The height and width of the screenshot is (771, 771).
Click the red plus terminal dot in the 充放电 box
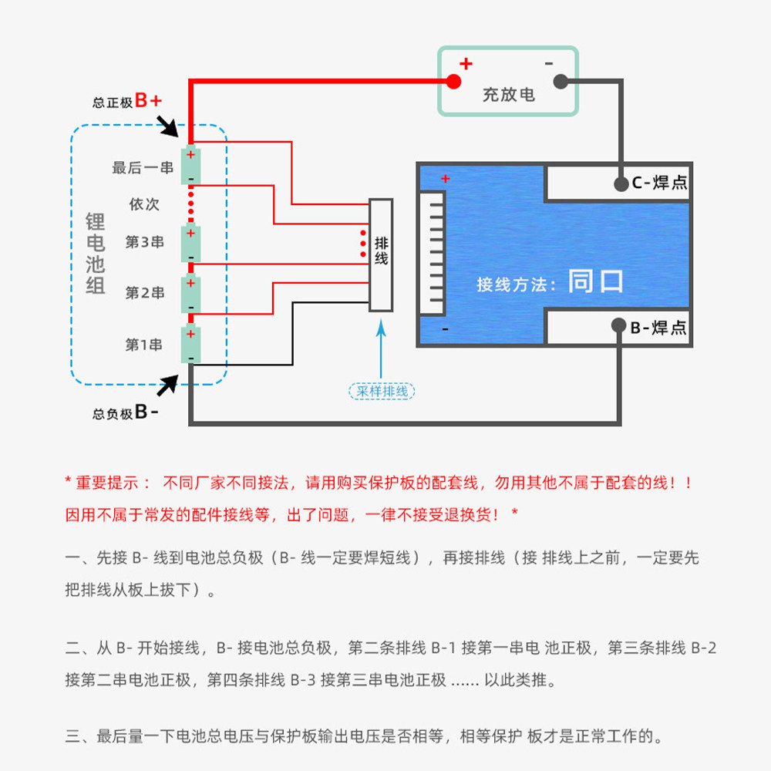click(x=453, y=82)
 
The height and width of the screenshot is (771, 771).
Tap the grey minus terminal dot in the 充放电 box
click(x=561, y=82)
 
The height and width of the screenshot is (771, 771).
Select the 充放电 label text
click(x=508, y=94)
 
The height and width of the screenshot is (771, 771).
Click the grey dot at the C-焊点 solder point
click(x=621, y=184)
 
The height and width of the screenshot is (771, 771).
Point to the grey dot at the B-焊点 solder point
click(x=618, y=325)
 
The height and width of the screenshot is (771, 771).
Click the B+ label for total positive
click(x=148, y=100)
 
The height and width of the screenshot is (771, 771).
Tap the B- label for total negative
click(x=146, y=412)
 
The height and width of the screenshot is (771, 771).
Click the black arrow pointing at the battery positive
click(x=167, y=126)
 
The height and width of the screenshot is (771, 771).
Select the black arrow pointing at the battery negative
click(x=167, y=385)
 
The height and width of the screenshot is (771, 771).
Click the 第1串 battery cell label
click(x=143, y=345)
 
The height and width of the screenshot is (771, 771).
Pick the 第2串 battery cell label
click(x=145, y=292)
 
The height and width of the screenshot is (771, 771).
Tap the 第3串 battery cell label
click(x=145, y=242)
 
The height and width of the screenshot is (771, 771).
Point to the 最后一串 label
click(x=143, y=167)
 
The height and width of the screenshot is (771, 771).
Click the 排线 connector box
click(x=381, y=255)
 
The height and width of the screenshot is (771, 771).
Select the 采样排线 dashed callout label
click(x=382, y=392)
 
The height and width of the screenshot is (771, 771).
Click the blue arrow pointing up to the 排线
click(x=381, y=348)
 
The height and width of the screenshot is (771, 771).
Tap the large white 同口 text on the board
click(x=595, y=281)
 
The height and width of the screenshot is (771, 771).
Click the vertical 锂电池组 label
click(x=96, y=253)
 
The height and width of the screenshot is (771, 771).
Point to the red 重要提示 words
click(x=106, y=483)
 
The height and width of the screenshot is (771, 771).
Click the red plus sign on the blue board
click(x=446, y=179)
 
